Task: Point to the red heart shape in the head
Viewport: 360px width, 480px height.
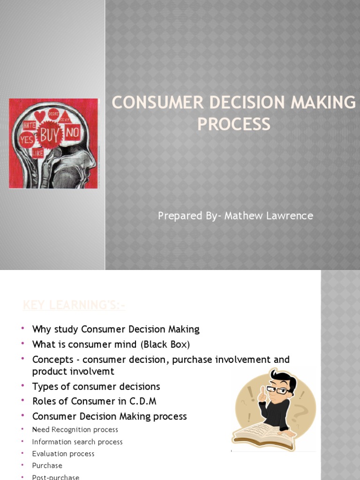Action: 40,115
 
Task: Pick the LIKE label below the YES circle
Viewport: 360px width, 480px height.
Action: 38,153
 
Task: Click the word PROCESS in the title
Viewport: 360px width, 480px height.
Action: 233,124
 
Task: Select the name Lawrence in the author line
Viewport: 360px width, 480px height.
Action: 290,216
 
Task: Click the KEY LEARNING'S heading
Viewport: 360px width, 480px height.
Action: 74,306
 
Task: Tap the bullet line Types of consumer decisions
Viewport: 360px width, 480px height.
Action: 96,387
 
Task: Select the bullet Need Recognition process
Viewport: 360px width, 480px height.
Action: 75,429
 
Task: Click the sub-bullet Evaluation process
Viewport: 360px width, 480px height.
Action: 63,454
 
